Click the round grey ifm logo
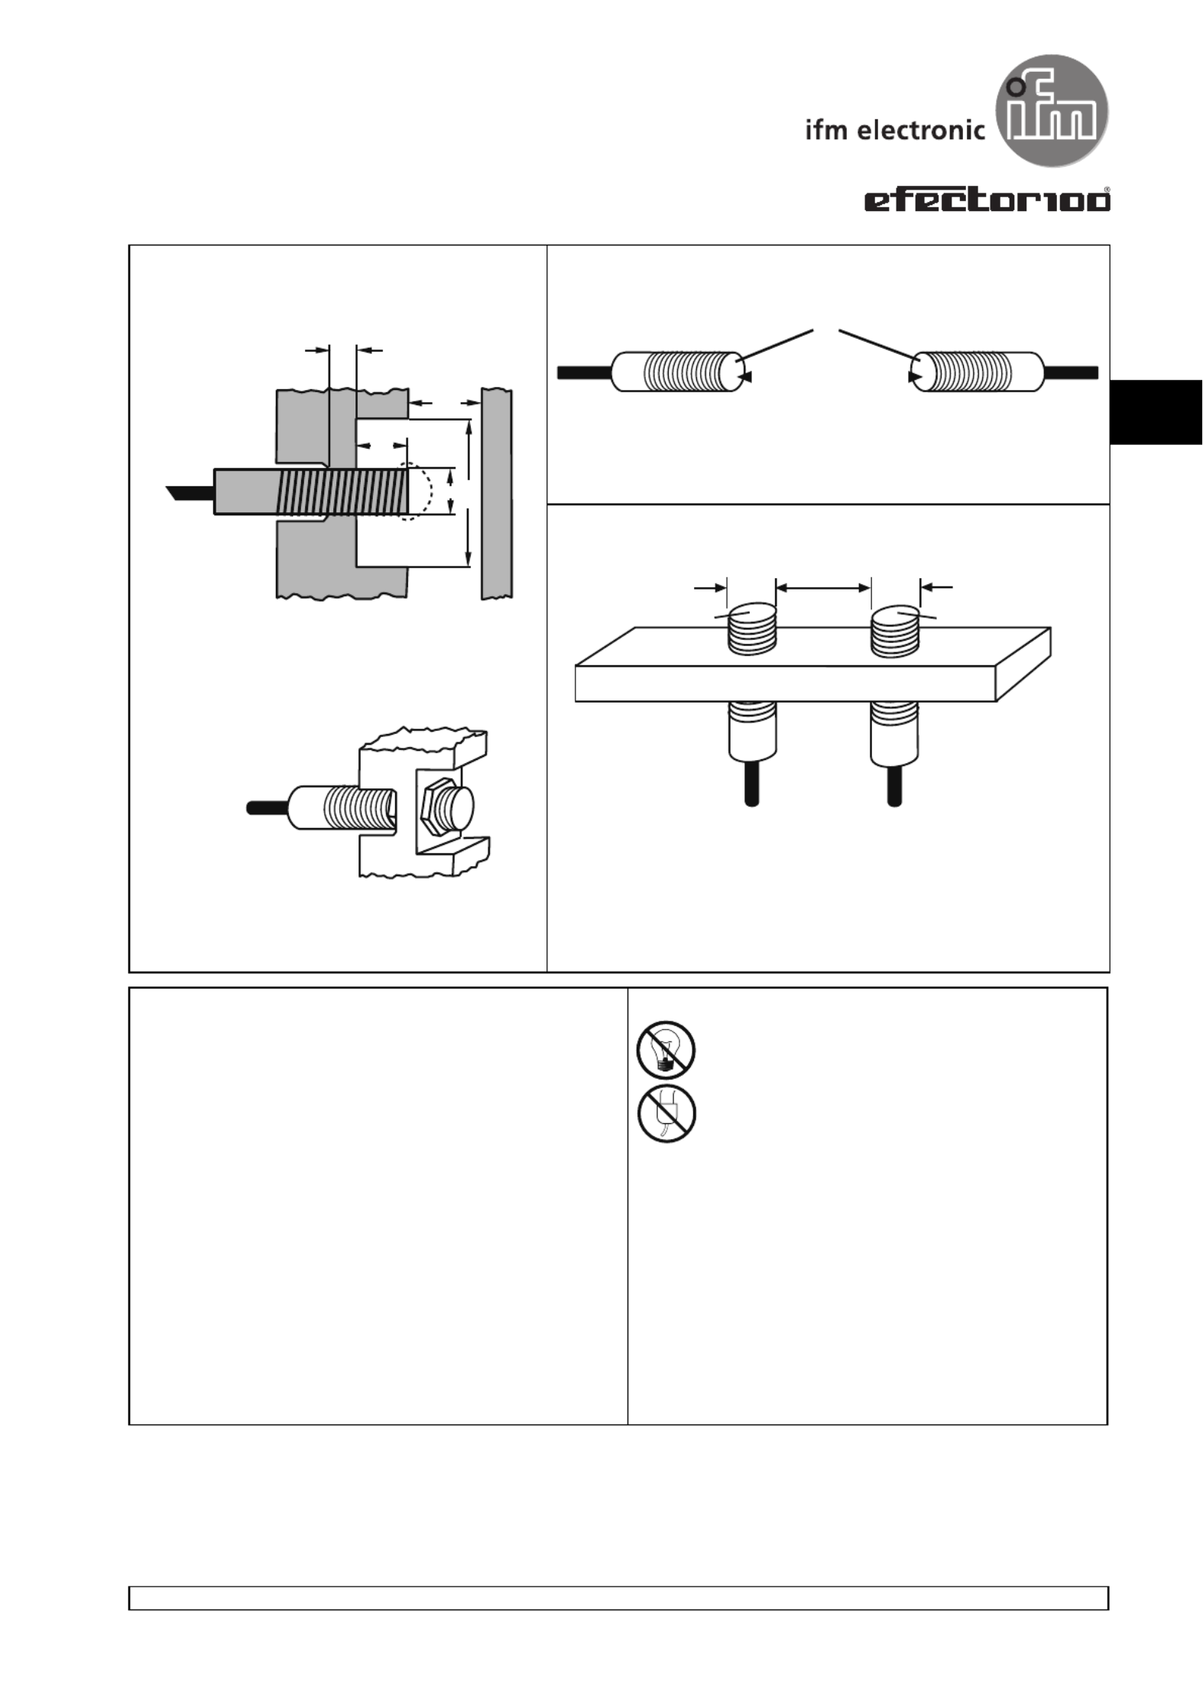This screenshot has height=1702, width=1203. pos(1052,111)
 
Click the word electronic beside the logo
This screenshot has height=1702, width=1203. pos(921,130)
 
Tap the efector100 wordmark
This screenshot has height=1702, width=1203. pos(987,200)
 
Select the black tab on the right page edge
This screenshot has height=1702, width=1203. pos(1156,411)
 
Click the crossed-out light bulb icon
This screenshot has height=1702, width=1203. pos(666,1050)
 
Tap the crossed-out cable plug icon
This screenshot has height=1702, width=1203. pos(666,1114)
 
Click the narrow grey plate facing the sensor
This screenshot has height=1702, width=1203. pos(497,494)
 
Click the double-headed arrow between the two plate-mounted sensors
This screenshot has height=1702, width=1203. pos(823,587)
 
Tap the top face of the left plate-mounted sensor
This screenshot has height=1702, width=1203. pos(752,615)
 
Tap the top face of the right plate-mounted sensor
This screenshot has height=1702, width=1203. pos(895,615)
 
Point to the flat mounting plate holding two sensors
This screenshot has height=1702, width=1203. pos(812,664)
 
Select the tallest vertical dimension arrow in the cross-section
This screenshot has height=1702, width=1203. pos(469,493)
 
